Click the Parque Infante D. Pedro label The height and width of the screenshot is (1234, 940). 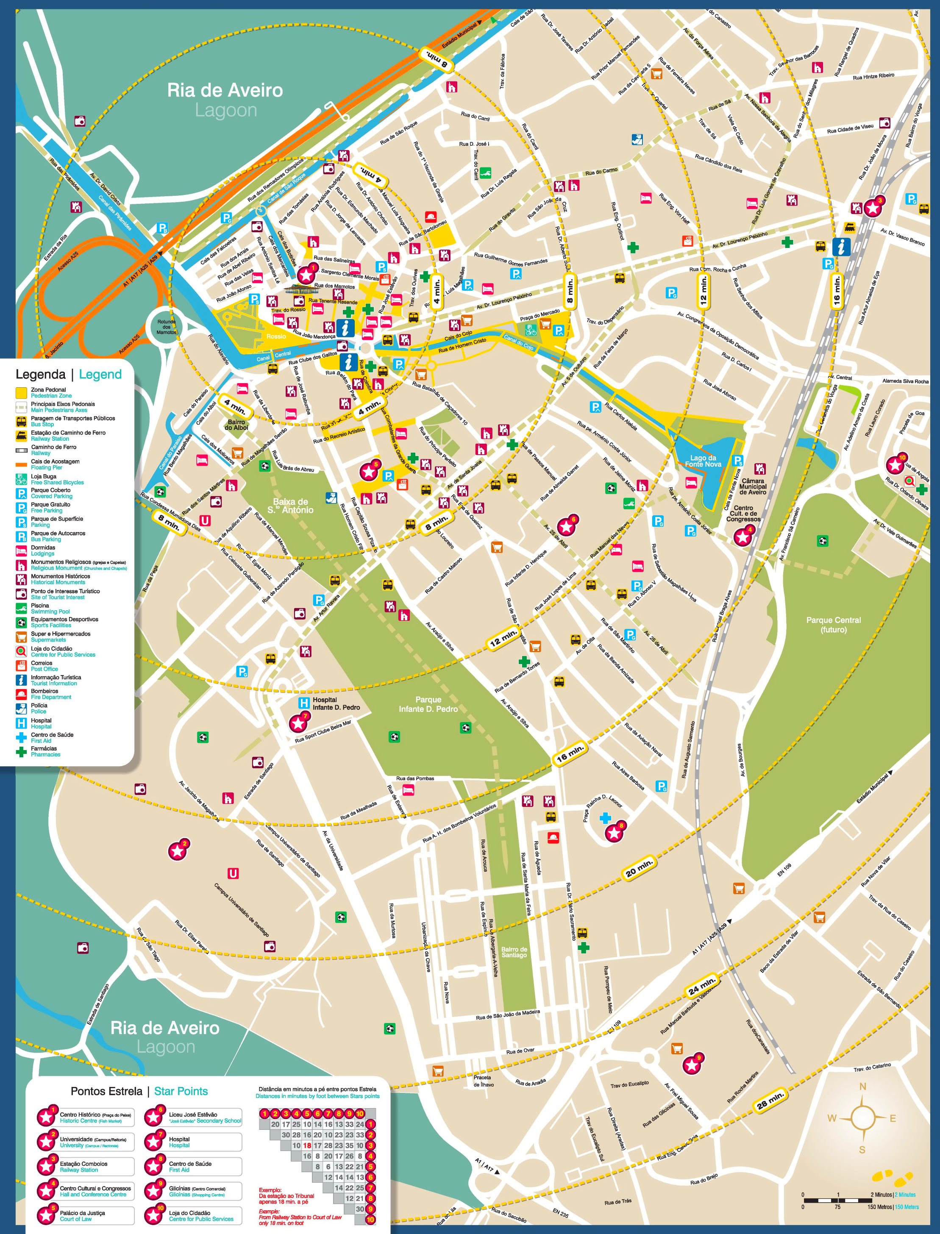point(428,704)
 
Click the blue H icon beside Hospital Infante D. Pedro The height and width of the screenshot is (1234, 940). point(304,703)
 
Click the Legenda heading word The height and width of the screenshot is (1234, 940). point(40,374)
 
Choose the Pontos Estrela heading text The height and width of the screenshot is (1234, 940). point(106,1091)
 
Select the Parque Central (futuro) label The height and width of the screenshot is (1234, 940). point(833,625)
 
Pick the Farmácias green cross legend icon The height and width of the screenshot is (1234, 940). point(21,751)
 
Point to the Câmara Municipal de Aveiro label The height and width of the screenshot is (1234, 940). point(753,486)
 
